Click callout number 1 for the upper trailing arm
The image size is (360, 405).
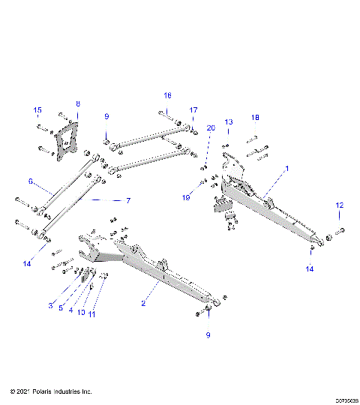tap(286, 171)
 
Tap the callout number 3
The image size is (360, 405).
tap(51, 305)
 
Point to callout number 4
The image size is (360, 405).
tap(71, 310)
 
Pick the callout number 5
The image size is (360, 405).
tap(61, 307)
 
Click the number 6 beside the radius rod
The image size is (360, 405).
tap(31, 181)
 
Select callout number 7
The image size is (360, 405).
tap(128, 200)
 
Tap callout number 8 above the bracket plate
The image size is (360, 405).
tap(77, 103)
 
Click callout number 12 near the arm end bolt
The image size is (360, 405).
tap(339, 205)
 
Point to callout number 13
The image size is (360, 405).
tap(229, 121)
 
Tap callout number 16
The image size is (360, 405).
tap(168, 95)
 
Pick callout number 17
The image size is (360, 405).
tap(193, 110)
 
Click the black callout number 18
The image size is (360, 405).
tap(256, 118)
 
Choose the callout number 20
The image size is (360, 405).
tap(211, 128)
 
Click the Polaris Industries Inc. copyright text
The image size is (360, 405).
tap(51, 391)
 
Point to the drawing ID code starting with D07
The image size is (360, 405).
tap(337, 400)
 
